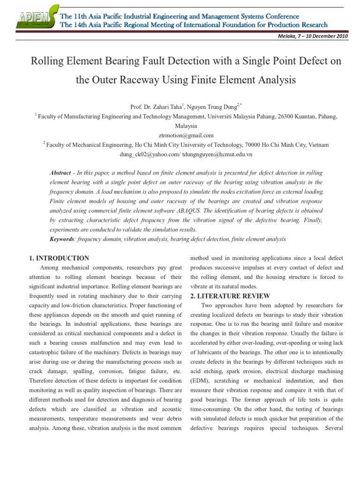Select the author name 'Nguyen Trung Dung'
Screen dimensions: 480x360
(x=212, y=107)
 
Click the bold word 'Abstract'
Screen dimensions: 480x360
(x=60, y=173)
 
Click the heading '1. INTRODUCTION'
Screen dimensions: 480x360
(x=59, y=258)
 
